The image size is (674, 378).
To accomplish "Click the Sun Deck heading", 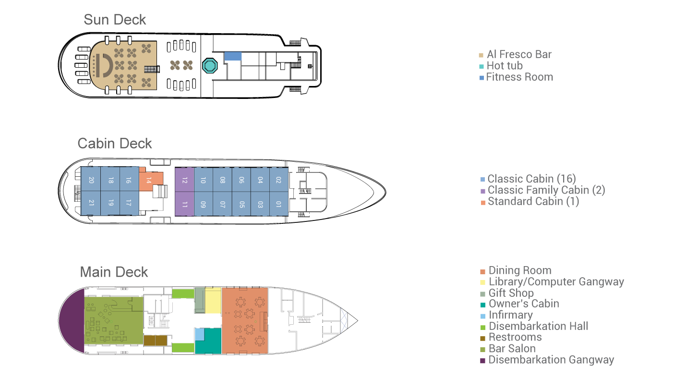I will [115, 20].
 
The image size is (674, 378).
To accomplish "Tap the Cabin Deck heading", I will [115, 144].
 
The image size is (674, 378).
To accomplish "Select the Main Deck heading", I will [114, 272].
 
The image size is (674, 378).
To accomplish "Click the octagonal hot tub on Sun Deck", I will [210, 65].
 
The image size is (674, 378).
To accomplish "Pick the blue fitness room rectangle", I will [233, 56].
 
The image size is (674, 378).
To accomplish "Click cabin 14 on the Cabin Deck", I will [150, 181].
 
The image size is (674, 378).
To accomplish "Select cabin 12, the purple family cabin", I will [184, 180].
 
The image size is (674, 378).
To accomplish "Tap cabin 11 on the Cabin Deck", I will [184, 204].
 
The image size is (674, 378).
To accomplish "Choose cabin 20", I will [91, 180].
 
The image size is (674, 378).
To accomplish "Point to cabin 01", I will [279, 204].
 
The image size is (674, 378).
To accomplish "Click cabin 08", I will [222, 180].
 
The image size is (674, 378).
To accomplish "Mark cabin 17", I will [129, 203].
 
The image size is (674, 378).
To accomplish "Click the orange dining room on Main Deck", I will [245, 320].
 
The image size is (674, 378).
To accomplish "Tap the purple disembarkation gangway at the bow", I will [72, 320].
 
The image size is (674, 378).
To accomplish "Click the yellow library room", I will [213, 301].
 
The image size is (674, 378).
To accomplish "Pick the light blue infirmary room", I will [199, 334].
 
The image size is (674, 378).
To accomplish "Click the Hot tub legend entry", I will [504, 66].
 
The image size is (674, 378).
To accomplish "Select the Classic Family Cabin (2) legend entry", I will [546, 190].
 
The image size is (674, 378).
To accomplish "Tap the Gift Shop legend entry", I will [511, 293].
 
